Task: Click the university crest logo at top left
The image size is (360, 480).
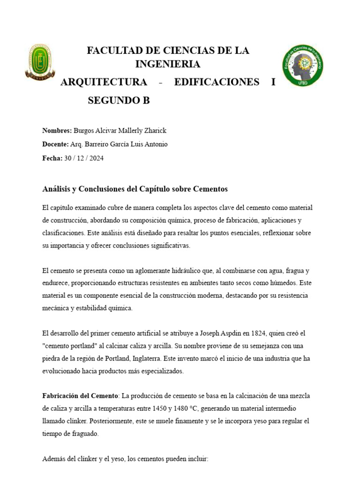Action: (x=40, y=61)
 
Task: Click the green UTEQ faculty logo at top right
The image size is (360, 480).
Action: (x=302, y=65)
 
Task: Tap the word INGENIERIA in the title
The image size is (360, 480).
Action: (x=168, y=64)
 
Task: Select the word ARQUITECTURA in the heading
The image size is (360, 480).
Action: (x=104, y=82)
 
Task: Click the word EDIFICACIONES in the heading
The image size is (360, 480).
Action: (x=217, y=82)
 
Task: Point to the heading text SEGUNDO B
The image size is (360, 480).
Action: (x=119, y=100)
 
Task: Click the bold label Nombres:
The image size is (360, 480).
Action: (x=57, y=130)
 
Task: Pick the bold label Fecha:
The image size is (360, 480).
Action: (x=52, y=158)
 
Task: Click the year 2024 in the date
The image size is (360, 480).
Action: (x=96, y=158)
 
